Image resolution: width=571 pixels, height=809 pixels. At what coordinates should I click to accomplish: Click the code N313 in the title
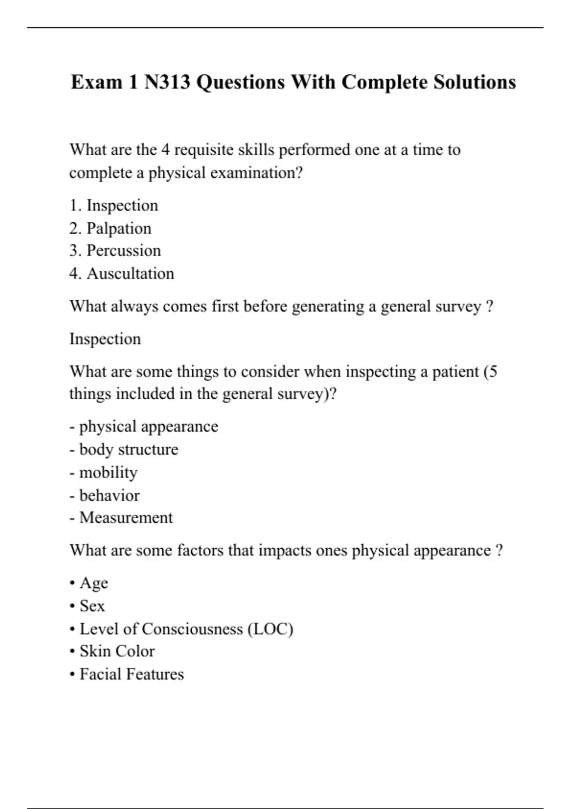(167, 82)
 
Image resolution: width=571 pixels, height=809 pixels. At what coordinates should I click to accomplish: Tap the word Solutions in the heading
(474, 82)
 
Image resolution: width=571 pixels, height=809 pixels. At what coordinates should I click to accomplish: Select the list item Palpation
(118, 228)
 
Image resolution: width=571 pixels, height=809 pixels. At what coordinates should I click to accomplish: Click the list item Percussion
(123, 251)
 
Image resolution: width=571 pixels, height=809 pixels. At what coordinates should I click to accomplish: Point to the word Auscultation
(130, 274)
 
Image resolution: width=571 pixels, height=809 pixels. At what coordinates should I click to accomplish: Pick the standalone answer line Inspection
(105, 339)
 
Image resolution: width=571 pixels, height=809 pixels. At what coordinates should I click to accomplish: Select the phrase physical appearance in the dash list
(148, 426)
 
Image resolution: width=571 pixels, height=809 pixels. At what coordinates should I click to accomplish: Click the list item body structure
(128, 449)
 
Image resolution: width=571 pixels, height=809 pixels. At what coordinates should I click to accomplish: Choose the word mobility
(108, 473)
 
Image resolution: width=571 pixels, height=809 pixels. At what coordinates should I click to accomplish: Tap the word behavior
(109, 495)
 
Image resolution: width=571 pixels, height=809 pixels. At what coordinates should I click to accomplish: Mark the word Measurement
(126, 518)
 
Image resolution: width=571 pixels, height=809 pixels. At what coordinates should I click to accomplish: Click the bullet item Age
(94, 583)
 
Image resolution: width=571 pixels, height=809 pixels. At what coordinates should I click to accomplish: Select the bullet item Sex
(92, 606)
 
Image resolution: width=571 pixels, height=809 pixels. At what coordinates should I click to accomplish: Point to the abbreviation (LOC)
(270, 629)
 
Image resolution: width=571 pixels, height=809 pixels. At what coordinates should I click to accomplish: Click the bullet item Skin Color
(117, 651)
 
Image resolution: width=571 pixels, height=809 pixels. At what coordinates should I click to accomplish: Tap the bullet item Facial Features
(131, 674)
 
